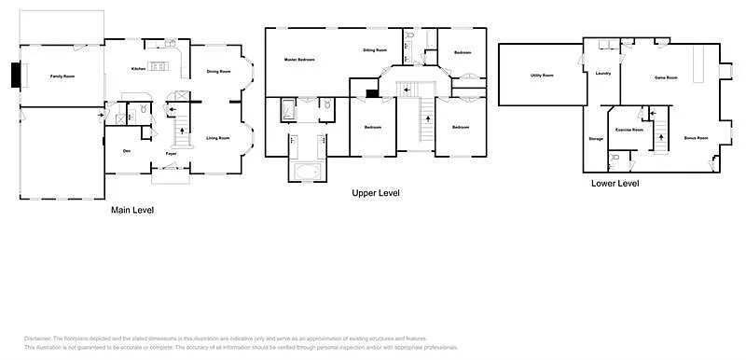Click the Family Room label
coord(62,75)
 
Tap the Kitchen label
coord(137,68)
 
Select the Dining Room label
coord(218,71)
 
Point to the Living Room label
coord(218,138)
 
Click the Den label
coord(126,151)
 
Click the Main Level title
coord(132,210)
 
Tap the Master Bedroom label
coord(299,60)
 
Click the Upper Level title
coord(376,193)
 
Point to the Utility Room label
coord(542,75)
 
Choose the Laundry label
coord(603,73)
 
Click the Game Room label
coord(665,77)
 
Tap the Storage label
coord(596,139)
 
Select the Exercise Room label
coord(630,130)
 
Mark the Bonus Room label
coord(696,138)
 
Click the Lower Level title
coord(615,184)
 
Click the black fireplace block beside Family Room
coord(16,76)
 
